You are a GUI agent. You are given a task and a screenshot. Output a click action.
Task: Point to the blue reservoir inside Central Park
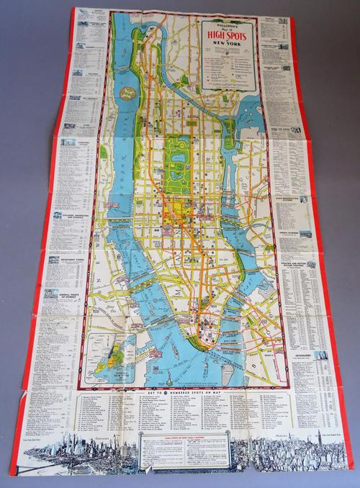[177, 143]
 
